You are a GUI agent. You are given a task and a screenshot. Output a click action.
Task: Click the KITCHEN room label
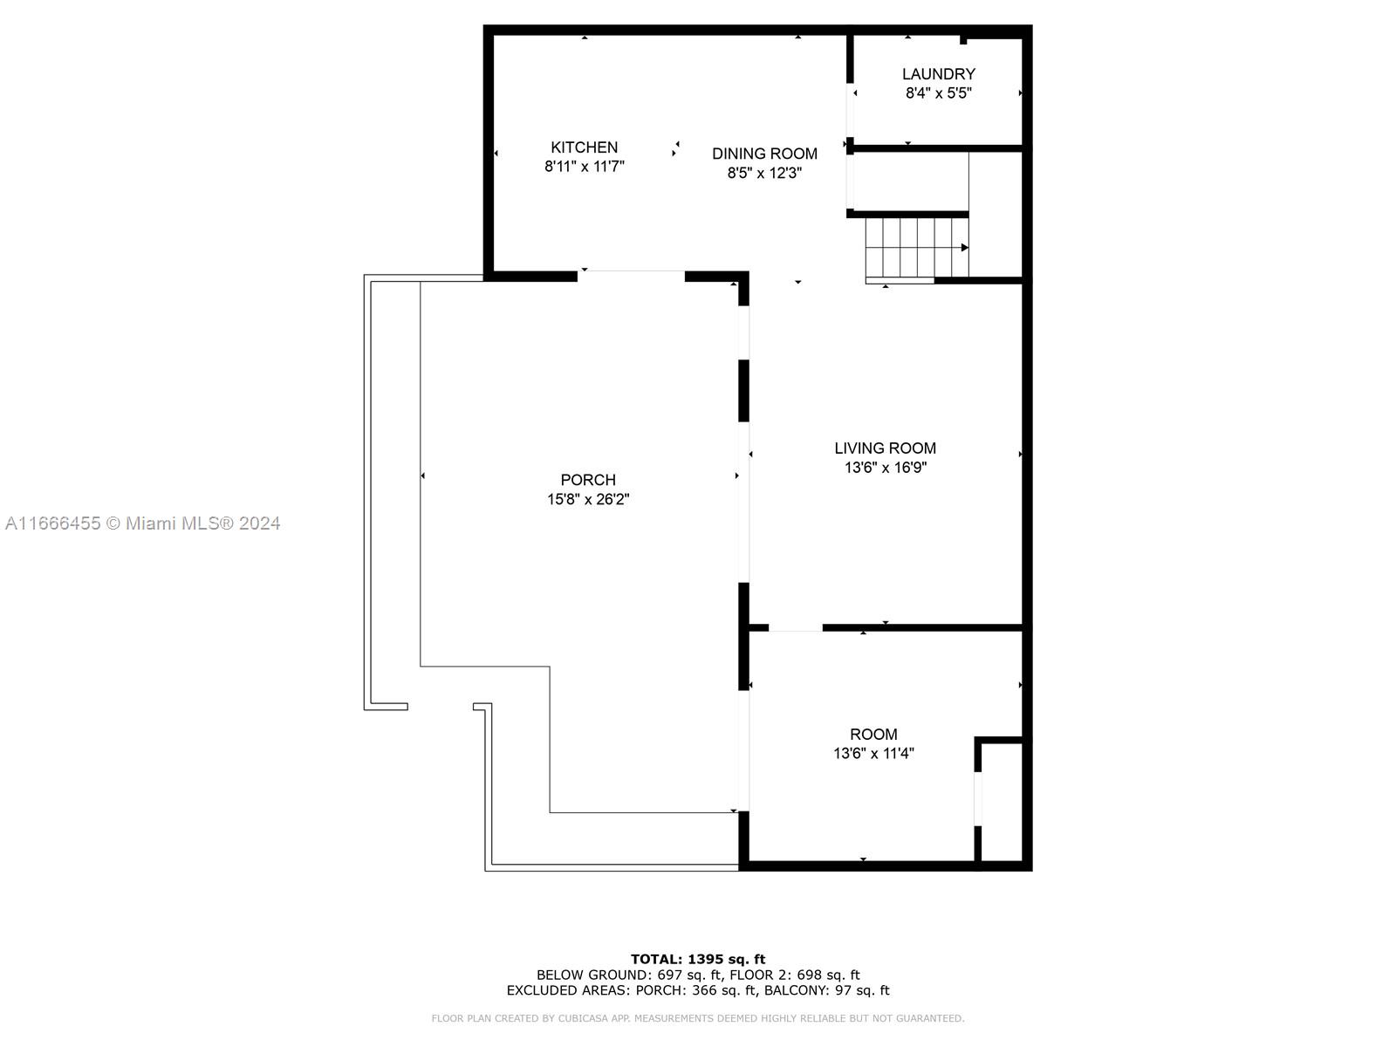coord(584,147)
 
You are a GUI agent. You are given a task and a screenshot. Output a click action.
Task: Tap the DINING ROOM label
coord(764,154)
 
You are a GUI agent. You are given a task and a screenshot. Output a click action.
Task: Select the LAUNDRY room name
coord(938,74)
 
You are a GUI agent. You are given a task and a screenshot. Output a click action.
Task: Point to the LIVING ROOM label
coord(885,448)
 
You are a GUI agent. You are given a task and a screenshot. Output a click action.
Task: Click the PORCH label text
coord(588,480)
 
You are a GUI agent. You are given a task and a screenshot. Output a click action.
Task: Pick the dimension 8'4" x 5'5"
coord(938,93)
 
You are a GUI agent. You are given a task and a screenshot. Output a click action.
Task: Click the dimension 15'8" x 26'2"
coord(588,499)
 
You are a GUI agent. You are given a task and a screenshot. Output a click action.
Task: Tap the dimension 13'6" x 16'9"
coord(885,468)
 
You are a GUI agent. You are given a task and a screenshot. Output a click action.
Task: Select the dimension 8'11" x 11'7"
coord(584,167)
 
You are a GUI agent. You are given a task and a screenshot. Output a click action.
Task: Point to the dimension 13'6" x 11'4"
coord(873,753)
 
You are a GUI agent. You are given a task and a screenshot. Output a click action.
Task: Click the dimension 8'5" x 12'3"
coord(764,173)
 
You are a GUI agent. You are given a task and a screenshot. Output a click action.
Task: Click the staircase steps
coord(916,248)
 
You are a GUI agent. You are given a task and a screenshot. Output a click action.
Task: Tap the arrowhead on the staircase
coord(964,247)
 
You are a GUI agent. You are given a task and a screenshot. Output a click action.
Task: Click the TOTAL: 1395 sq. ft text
coord(698,959)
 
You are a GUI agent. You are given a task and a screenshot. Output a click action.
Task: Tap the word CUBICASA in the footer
coord(582,1017)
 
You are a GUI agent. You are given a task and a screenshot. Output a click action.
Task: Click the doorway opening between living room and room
coord(795,628)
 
